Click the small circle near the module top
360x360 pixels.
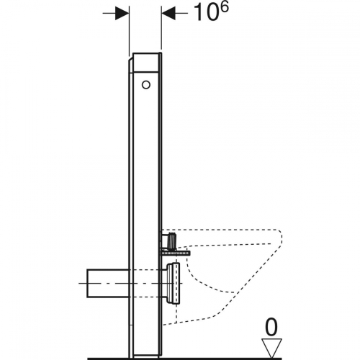click(147, 85)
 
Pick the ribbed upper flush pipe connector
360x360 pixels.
click(170, 238)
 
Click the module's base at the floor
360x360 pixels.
click(146, 351)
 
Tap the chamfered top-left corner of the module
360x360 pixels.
click(132, 60)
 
